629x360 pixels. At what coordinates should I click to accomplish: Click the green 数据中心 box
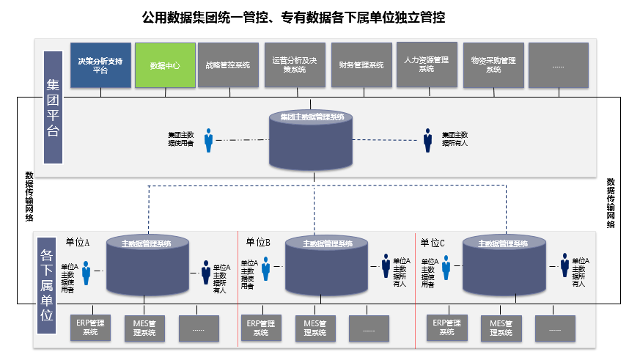pyautogui.click(x=165, y=65)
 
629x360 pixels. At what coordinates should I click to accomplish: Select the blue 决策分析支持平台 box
pyautogui.click(x=100, y=65)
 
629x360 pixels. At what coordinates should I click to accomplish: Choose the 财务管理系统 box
pyautogui.click(x=361, y=65)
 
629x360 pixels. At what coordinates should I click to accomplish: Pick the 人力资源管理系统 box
pyautogui.click(x=427, y=65)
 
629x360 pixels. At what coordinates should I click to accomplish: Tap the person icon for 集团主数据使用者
pyautogui.click(x=209, y=140)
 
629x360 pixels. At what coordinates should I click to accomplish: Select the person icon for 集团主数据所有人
pyautogui.click(x=427, y=141)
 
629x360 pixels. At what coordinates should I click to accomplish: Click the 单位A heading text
pyautogui.click(x=78, y=242)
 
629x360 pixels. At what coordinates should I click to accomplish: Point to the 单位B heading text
pyautogui.click(x=259, y=242)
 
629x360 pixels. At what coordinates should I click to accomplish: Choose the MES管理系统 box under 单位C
pyautogui.click(x=501, y=328)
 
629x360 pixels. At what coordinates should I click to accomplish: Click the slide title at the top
pyautogui.click(x=293, y=16)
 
